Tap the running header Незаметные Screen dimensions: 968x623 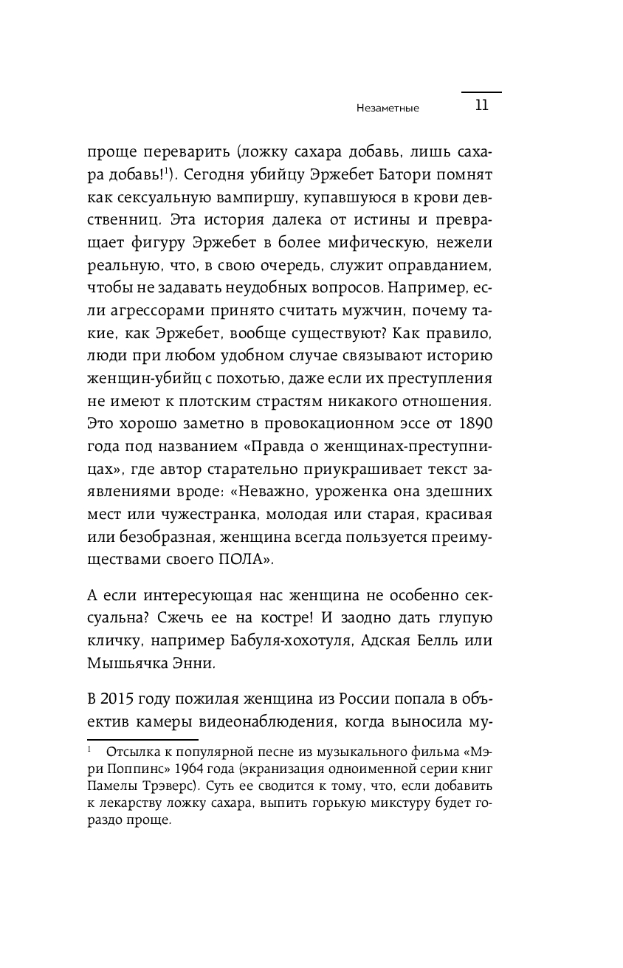pyautogui.click(x=388, y=108)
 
